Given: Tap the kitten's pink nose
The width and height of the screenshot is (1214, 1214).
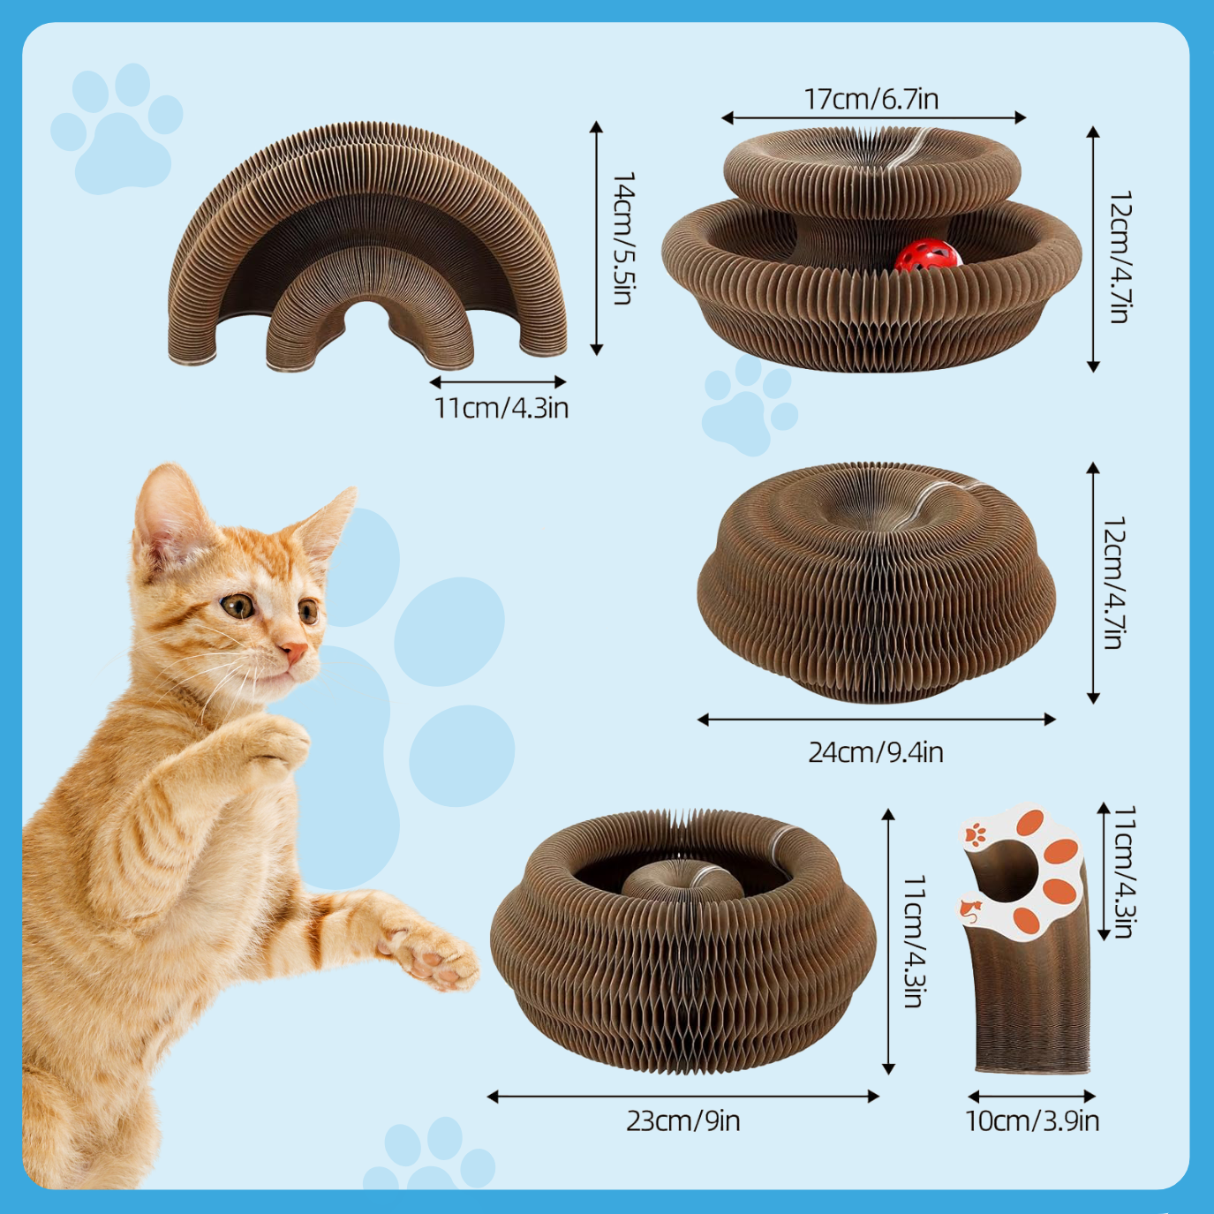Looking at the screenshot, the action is [x=294, y=651].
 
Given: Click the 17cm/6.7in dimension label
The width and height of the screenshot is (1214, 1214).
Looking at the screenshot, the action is [x=871, y=99].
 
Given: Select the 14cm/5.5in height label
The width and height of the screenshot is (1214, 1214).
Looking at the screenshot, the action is [x=622, y=238].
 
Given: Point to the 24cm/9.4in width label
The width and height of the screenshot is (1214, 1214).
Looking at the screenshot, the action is [x=876, y=752].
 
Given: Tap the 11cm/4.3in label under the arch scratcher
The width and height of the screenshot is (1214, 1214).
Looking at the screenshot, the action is [x=501, y=408].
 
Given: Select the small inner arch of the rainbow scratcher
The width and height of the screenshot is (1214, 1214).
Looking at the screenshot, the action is [x=370, y=309].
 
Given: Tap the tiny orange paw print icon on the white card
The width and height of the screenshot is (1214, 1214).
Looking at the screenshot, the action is [x=976, y=834].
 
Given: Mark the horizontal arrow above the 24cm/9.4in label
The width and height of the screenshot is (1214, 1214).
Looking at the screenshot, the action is [x=877, y=720].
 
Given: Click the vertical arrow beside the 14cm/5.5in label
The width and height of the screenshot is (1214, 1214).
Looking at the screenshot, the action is [x=596, y=238].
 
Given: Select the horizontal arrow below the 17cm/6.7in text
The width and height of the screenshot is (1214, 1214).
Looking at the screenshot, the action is [x=874, y=117].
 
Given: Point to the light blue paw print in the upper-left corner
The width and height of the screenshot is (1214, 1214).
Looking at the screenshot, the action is [x=117, y=128].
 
